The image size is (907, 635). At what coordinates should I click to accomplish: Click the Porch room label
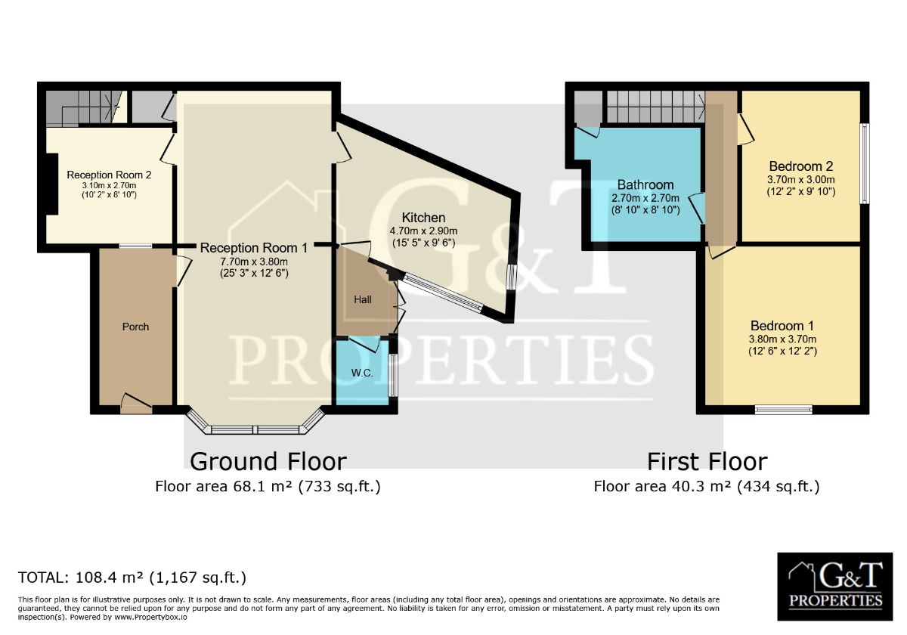coord(135,327)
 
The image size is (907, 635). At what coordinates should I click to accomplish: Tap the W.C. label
coord(362,373)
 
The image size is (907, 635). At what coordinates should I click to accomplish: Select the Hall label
coord(362,299)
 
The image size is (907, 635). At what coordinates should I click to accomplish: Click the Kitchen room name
coord(423,218)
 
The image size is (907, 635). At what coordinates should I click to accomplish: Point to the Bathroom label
coord(645,184)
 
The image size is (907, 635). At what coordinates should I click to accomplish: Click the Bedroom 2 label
coord(801,166)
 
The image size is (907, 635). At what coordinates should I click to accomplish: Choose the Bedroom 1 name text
coord(782,326)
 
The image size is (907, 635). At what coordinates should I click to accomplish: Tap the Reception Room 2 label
coord(109,175)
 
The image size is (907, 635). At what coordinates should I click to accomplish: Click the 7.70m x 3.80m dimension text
coord(254,262)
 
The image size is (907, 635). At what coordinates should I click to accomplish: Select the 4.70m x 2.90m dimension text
coord(423,231)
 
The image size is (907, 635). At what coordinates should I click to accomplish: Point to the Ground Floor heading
coord(268,461)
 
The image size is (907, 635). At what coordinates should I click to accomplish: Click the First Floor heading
coord(707,461)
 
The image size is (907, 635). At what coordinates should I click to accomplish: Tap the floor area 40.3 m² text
coord(707,486)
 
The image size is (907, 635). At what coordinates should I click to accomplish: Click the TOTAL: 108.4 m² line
coord(132,578)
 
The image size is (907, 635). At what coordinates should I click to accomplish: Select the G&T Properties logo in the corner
coord(835,587)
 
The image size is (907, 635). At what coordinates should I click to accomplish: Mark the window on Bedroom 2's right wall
coord(865,163)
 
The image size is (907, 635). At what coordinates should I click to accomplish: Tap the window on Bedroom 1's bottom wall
coord(784,410)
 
